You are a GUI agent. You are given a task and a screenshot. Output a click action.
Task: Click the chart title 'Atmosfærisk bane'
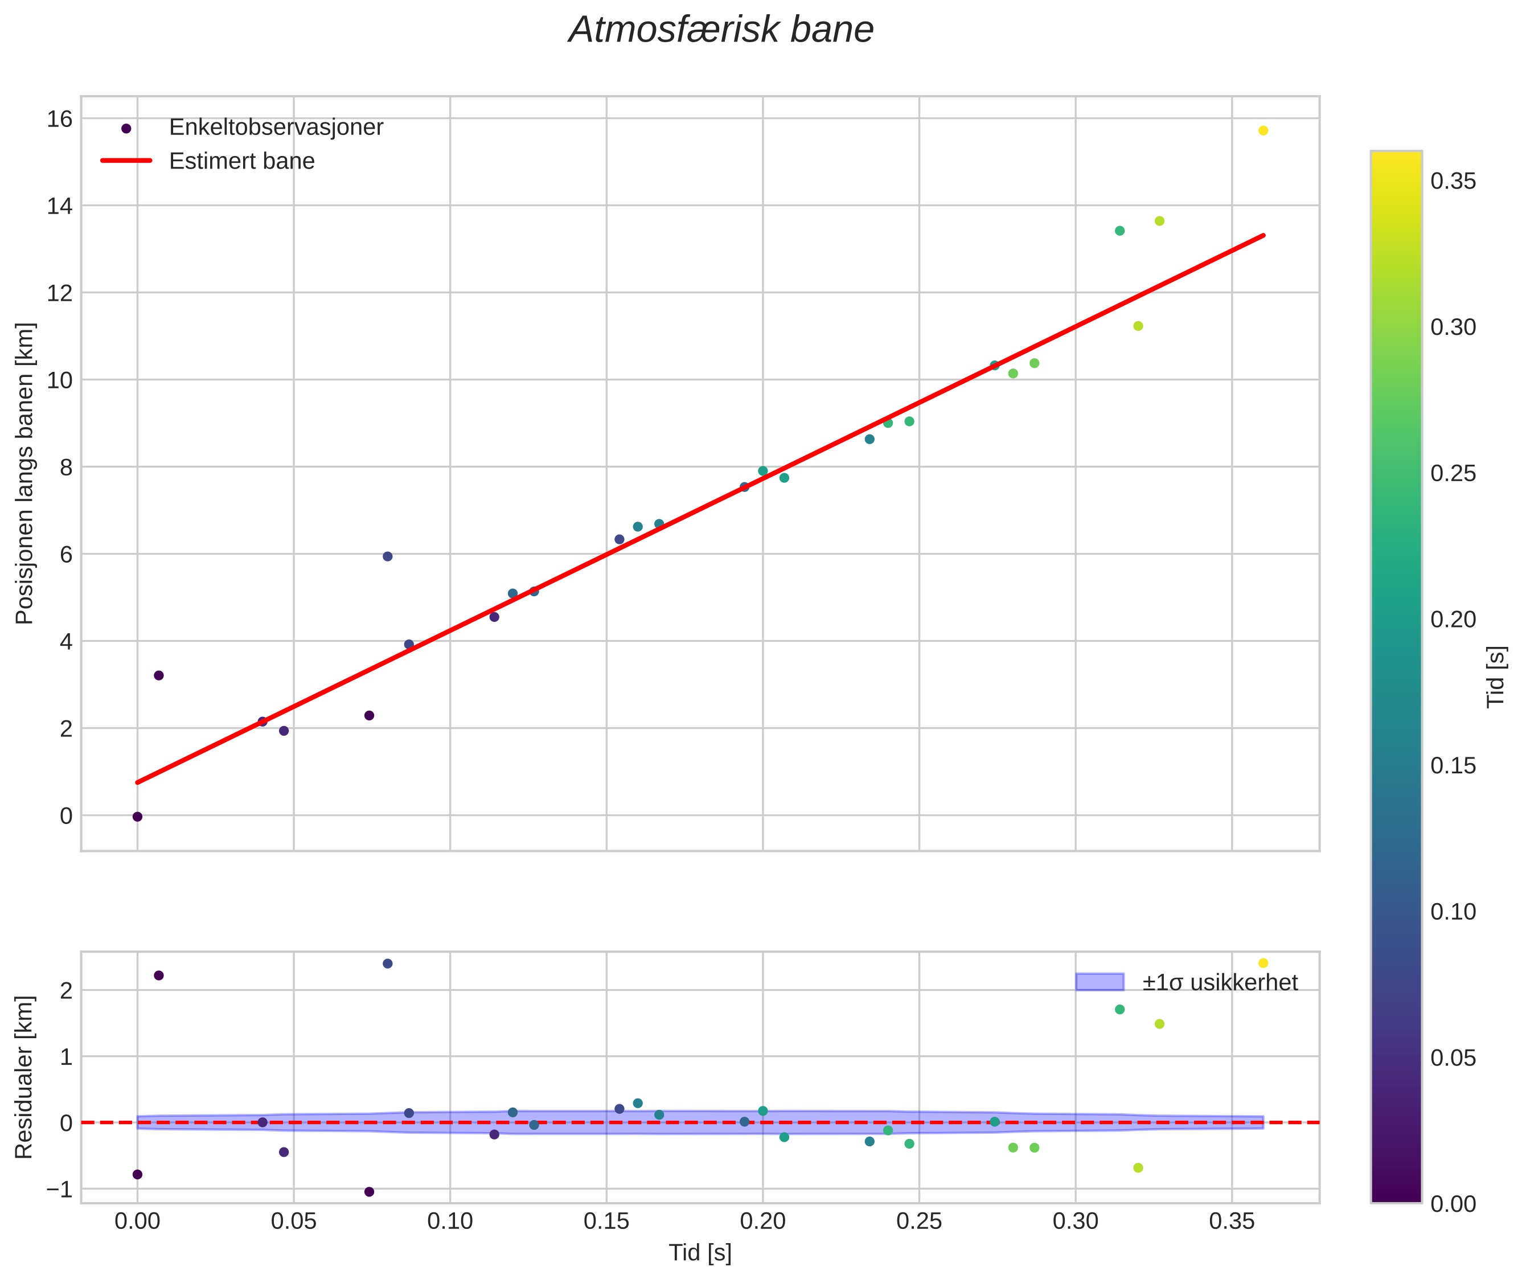click(x=721, y=30)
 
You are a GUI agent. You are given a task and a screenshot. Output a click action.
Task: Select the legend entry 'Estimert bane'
click(x=241, y=161)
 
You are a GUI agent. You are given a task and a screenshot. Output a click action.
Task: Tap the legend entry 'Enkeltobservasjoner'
click(x=276, y=128)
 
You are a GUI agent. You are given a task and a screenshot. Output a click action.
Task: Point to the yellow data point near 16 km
click(x=1263, y=130)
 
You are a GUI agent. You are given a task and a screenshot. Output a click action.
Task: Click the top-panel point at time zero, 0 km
click(x=137, y=817)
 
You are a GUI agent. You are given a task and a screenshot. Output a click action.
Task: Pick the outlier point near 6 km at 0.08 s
click(x=387, y=556)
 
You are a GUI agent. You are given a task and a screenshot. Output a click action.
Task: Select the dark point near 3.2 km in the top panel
click(x=159, y=675)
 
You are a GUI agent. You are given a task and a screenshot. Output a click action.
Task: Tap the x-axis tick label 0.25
click(x=918, y=1221)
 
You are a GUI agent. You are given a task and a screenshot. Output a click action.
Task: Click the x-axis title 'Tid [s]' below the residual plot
click(x=700, y=1253)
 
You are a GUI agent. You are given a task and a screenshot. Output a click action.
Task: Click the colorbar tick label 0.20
click(x=1453, y=619)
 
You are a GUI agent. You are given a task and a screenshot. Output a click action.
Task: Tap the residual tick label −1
click(x=59, y=1190)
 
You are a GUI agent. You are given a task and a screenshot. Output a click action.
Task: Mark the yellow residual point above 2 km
click(x=1263, y=963)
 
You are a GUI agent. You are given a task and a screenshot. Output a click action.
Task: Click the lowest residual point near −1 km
click(x=369, y=1191)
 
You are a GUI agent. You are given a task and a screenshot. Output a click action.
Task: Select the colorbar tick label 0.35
click(x=1453, y=181)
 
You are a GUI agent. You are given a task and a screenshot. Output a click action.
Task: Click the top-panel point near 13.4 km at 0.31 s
click(x=1119, y=231)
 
